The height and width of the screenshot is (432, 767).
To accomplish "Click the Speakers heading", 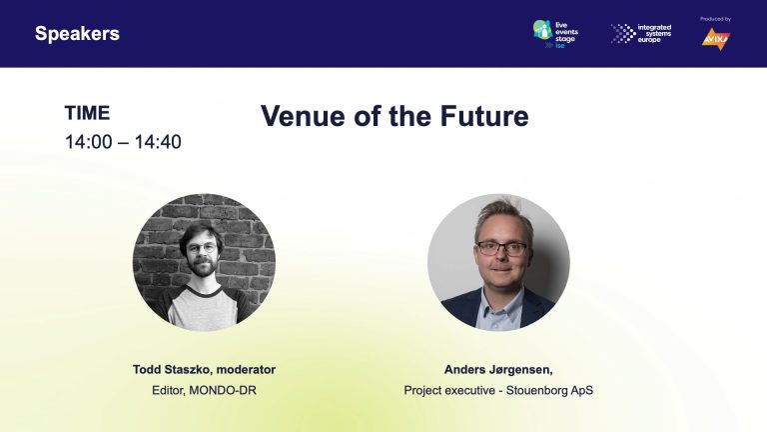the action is point(77,34).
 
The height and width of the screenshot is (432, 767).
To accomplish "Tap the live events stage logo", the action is point(555,34).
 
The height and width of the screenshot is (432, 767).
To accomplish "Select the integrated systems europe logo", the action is point(641,33).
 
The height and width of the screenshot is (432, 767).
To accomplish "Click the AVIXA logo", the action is point(716,39).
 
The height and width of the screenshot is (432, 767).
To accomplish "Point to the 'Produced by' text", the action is point(715,19).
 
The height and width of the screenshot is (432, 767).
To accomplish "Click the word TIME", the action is point(87,113).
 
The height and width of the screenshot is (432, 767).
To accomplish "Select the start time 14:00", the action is point(89,142).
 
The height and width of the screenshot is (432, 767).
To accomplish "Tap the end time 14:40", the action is point(158,142).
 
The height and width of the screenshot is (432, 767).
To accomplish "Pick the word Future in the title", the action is point(484,116).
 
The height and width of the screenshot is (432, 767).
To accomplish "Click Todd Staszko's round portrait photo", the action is point(204,262).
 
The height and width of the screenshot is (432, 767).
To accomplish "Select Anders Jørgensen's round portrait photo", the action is point(498,262).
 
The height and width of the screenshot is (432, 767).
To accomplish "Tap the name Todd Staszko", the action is point(171,370).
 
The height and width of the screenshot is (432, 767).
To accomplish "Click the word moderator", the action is point(246,370).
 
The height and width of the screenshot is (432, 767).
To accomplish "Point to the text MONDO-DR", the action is point(223,390).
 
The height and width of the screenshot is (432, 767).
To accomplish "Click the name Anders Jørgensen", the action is point(497,370).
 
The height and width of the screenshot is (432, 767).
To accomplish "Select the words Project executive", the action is point(449,390).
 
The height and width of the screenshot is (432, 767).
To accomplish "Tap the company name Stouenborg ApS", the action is point(549,390).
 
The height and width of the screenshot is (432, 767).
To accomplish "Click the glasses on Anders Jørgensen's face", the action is point(500,248).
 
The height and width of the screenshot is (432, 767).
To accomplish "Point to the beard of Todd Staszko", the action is point(203,267).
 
